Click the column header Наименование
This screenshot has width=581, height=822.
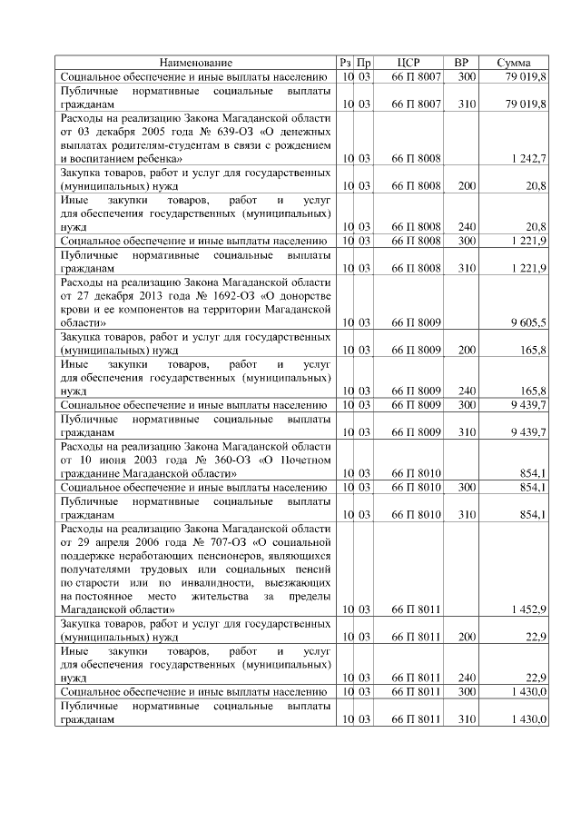pyautogui.click(x=196, y=63)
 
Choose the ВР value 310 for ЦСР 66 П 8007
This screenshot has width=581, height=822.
pyautogui.click(x=467, y=104)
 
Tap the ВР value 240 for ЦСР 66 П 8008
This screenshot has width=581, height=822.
pyautogui.click(x=467, y=227)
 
